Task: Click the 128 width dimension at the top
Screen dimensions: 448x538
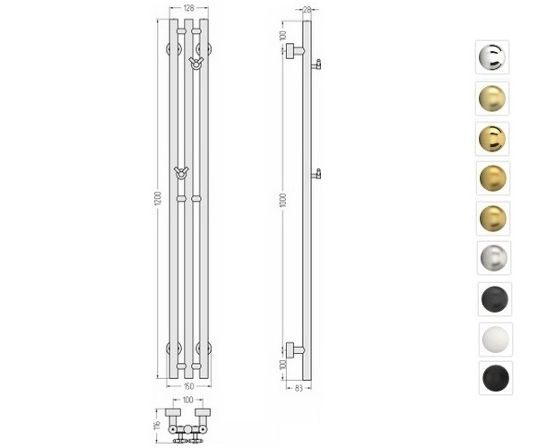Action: pos(188,8)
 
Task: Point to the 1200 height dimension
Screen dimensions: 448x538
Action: pos(157,198)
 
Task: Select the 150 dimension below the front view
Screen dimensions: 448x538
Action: pos(188,386)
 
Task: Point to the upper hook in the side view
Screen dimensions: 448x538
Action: pos(317,64)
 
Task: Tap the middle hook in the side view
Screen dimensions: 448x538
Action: pos(317,172)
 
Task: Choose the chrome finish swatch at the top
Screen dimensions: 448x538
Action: pos(492,57)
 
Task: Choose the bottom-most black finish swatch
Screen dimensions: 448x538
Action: pos(492,377)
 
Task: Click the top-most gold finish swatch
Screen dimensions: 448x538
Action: pos(492,98)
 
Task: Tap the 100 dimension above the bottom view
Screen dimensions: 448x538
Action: pos(188,400)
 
